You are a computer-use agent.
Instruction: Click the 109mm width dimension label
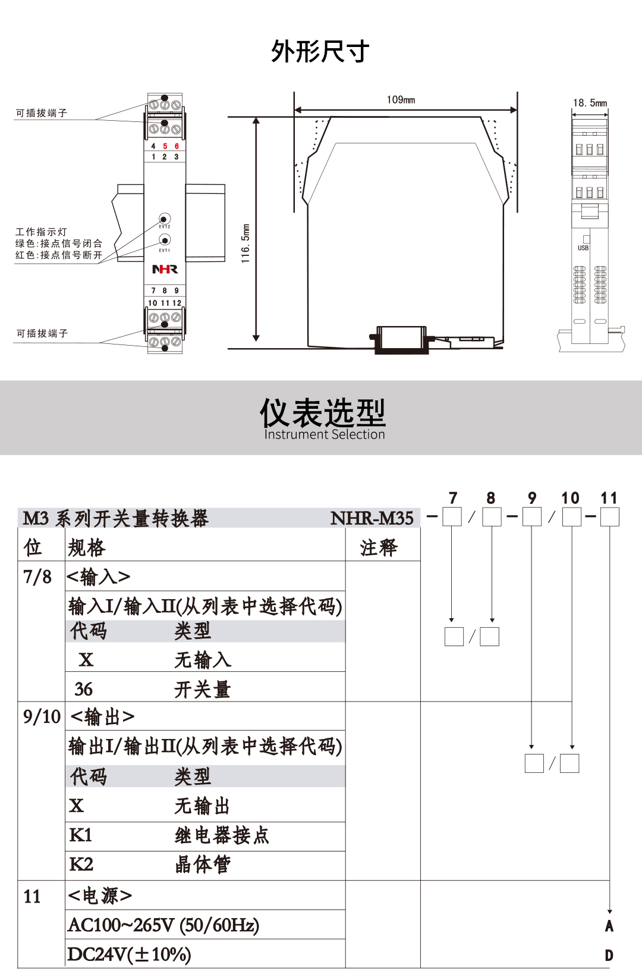point(401,100)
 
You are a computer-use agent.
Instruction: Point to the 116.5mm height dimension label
point(246,243)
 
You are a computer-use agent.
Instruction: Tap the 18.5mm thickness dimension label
point(590,103)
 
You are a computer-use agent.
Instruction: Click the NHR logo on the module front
point(165,270)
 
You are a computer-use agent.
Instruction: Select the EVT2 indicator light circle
point(165,218)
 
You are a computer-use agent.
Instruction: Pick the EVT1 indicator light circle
point(165,240)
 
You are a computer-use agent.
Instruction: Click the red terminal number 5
point(165,146)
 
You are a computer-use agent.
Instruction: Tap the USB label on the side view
point(583,248)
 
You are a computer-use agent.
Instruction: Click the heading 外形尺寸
point(320,52)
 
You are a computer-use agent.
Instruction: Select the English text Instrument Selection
point(325,435)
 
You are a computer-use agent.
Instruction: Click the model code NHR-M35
point(372,518)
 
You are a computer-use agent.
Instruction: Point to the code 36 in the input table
point(84,689)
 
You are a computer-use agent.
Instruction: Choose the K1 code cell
point(81,835)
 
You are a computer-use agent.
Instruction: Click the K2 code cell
point(81,864)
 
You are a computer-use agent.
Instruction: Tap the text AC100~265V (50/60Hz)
point(163,925)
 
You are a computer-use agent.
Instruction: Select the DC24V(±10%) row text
point(129,954)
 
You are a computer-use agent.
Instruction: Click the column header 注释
point(379,547)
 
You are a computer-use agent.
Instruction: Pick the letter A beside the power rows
point(609,926)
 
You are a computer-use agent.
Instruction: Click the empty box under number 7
point(452,516)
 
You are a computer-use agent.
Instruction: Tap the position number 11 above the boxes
point(609,498)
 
